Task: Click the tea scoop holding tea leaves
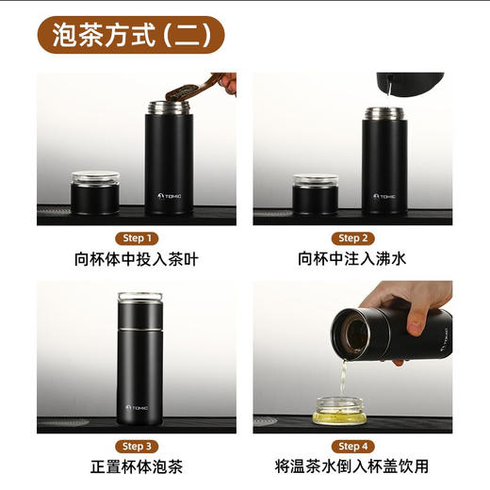tap(193, 90)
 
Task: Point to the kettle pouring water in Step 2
tap(409, 84)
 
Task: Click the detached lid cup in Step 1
tap(95, 192)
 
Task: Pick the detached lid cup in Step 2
tap(315, 193)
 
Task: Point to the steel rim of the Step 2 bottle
tap(384, 113)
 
